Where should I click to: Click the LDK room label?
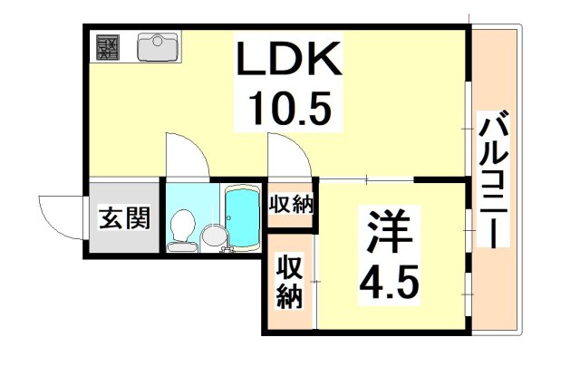pyautogui.click(x=288, y=58)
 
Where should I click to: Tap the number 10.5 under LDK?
pyautogui.click(x=289, y=109)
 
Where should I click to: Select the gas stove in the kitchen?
pyautogui.click(x=108, y=47)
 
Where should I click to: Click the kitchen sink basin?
pyautogui.click(x=158, y=47)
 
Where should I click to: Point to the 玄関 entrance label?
pyautogui.click(x=124, y=217)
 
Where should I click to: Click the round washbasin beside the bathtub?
pyautogui.click(x=212, y=236)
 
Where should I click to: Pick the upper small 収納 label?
pyautogui.click(x=291, y=204)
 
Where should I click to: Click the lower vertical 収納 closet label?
pyautogui.click(x=290, y=282)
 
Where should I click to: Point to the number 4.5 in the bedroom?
pyautogui.click(x=390, y=284)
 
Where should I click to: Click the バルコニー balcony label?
pyautogui.click(x=493, y=179)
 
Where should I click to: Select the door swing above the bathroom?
pyautogui.click(x=188, y=155)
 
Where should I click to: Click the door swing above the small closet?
pyautogui.click(x=290, y=155)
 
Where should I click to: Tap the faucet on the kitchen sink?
pyautogui.click(x=159, y=39)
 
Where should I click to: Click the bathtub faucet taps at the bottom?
pyautogui.click(x=227, y=250)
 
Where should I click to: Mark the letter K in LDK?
pyautogui.click(x=324, y=58)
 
